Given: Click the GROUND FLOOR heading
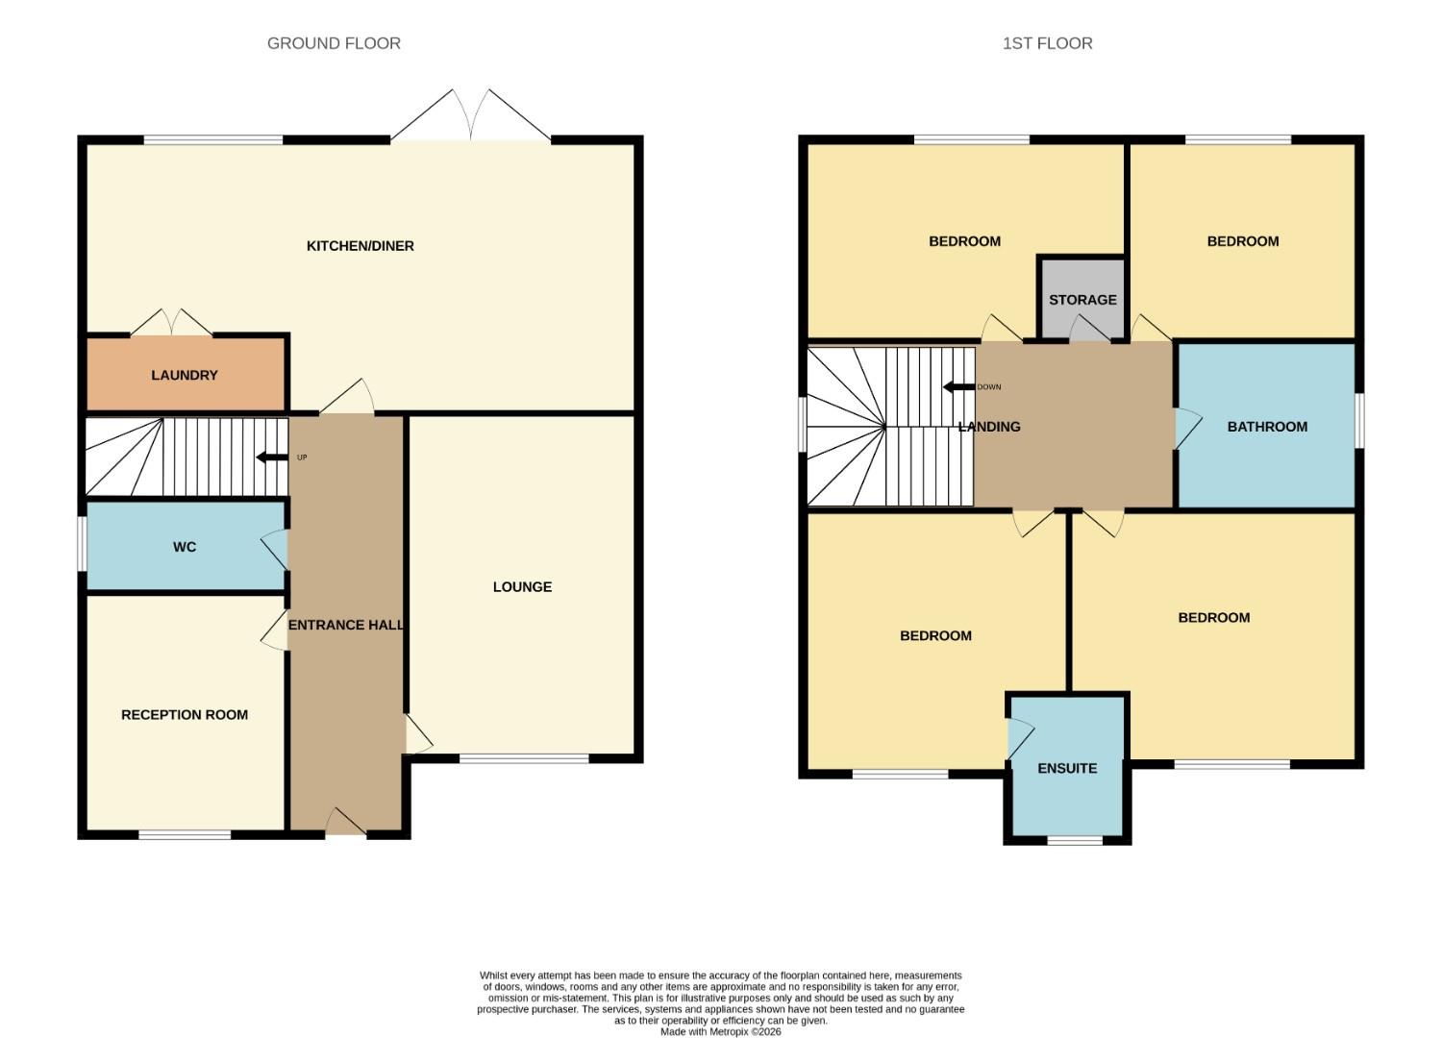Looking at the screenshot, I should [x=334, y=43].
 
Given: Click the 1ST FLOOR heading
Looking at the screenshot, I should [x=1047, y=43].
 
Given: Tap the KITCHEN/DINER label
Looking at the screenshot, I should [x=360, y=246].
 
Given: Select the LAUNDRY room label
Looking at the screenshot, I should [x=185, y=375].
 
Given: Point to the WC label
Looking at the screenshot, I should [x=185, y=547].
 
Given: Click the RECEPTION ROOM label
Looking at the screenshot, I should [x=185, y=715].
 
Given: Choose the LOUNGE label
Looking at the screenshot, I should [x=522, y=587].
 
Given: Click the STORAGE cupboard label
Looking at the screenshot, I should [x=1082, y=300].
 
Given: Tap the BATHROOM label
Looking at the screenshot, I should [x=1267, y=427].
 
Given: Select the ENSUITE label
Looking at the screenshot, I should [x=1067, y=769].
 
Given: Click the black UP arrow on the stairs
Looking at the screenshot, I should [x=271, y=457].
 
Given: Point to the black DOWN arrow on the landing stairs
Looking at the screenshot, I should [x=958, y=387].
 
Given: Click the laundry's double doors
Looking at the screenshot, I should [x=171, y=324].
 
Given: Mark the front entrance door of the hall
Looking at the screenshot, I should [x=346, y=824].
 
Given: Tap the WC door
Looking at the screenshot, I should [x=276, y=550].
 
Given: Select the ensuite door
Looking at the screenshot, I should [x=1018, y=738].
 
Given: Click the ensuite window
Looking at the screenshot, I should [x=1075, y=841].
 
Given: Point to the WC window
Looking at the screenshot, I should [x=83, y=545].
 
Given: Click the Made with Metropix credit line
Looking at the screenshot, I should [x=720, y=1032].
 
